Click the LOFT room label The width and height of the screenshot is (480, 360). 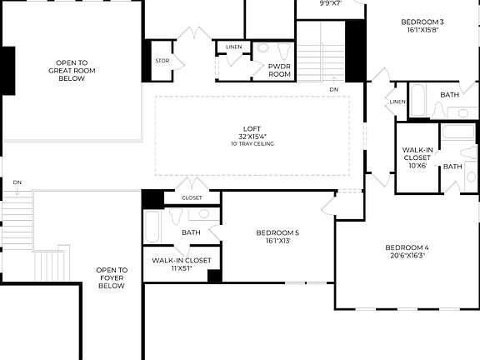252,128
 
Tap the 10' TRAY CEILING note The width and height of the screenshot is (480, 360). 252,144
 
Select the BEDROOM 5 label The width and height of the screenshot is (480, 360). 277,232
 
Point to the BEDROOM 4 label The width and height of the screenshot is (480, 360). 407,247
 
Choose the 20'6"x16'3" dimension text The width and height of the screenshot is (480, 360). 407,256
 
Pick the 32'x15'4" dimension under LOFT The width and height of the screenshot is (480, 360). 252,137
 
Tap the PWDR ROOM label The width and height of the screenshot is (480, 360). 279,70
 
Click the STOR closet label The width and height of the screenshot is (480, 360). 162,61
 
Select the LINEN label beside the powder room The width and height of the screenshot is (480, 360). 234,47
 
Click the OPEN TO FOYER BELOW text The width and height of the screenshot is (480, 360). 111,277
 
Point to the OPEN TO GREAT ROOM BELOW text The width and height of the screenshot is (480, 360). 72,71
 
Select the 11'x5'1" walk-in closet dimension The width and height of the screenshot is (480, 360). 182,268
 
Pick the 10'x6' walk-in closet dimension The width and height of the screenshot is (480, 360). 417,165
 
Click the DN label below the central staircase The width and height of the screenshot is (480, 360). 333,89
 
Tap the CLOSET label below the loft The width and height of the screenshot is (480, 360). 192,197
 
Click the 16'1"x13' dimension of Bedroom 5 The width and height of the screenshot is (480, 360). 277,241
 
